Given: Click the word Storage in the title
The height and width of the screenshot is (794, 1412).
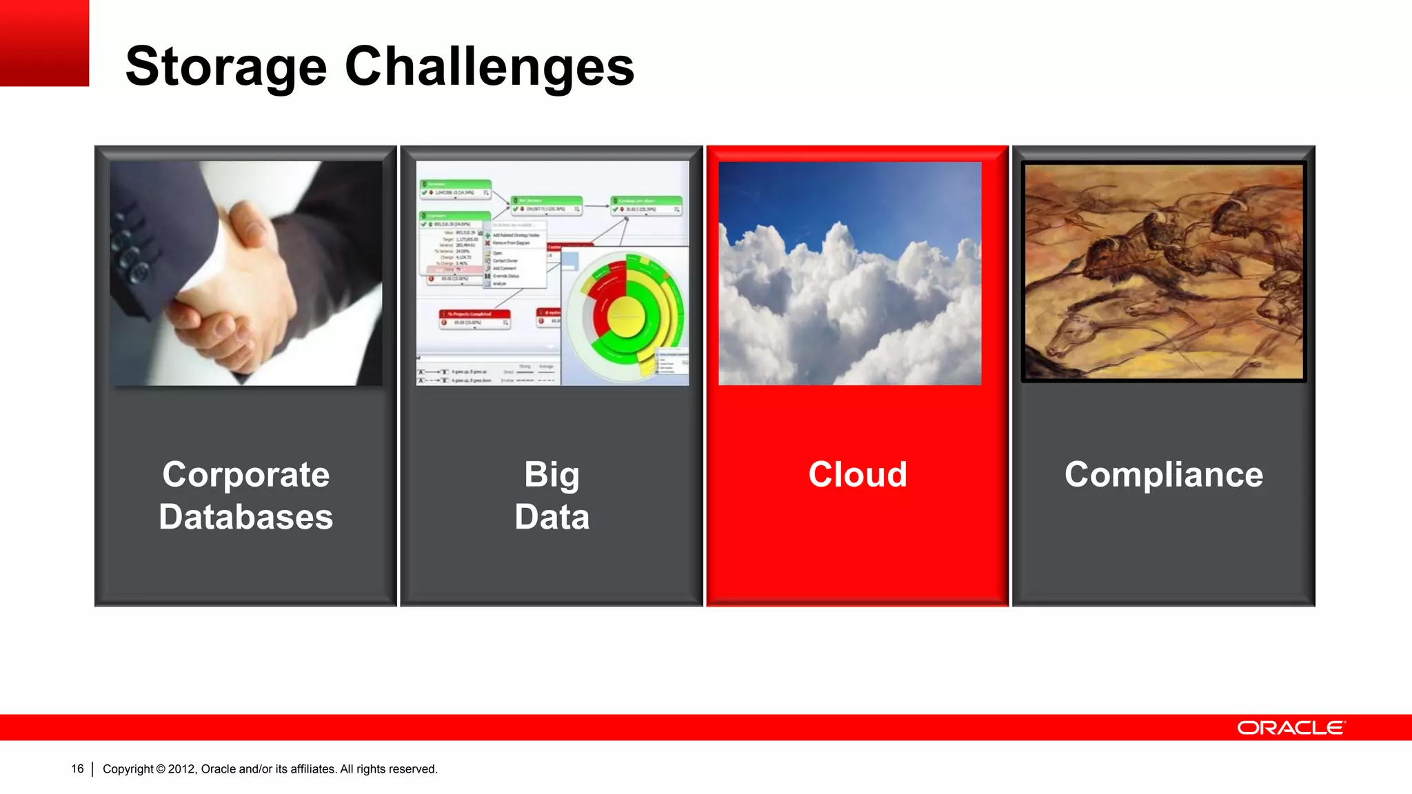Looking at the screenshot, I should [225, 67].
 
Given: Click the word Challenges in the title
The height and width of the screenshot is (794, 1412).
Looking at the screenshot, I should [489, 67].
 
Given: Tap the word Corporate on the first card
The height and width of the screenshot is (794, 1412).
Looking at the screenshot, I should [246, 475].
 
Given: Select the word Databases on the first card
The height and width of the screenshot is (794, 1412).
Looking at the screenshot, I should [246, 517].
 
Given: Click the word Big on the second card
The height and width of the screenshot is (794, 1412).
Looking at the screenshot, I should [552, 475].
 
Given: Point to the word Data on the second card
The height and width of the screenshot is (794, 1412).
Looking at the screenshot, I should [552, 517].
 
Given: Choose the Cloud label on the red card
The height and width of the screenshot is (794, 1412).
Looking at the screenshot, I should [857, 475].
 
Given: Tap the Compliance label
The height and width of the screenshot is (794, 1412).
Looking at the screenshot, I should [1163, 475].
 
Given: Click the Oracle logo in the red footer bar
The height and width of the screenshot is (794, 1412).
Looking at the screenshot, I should [1291, 728].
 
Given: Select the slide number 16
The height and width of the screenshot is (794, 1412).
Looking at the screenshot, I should [77, 768].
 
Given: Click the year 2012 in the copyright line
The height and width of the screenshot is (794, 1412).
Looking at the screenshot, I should [181, 769].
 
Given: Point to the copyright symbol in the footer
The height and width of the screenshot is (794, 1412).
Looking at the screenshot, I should [161, 769].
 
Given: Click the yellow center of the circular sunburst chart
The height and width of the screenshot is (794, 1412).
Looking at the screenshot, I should [626, 317].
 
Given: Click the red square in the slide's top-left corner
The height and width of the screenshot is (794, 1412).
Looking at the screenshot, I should [44, 43].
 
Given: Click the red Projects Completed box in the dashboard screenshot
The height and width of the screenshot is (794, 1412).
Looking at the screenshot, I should [474, 318].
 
